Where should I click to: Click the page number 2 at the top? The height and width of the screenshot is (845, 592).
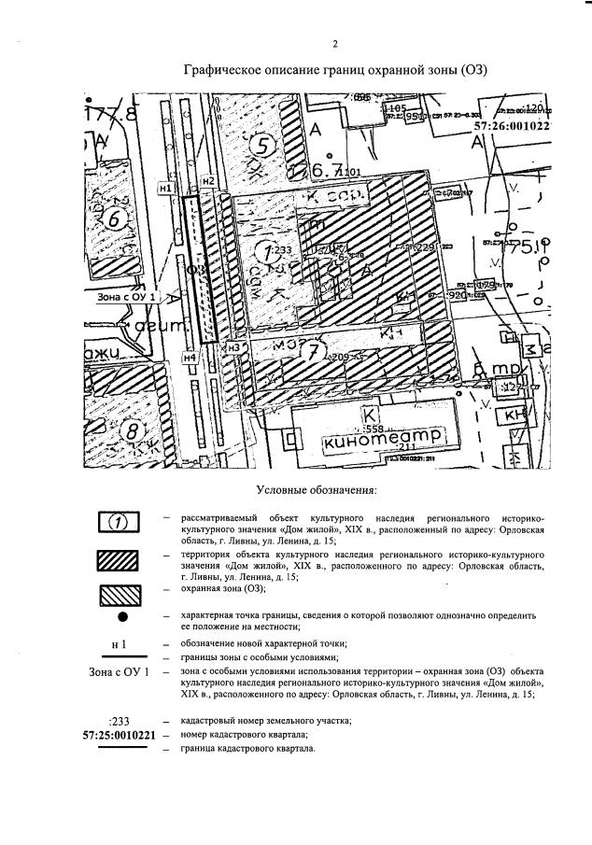click(x=333, y=44)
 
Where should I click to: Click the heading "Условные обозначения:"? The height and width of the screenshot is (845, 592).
click(x=316, y=489)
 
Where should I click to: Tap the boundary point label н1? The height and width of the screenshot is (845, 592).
click(x=166, y=189)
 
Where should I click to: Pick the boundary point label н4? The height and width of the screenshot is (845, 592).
click(x=190, y=357)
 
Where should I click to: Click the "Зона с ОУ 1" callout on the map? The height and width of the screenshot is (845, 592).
click(x=128, y=297)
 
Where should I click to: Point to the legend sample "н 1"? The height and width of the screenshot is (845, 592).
click(x=118, y=644)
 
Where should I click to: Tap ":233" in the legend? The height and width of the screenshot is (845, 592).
click(x=118, y=721)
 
